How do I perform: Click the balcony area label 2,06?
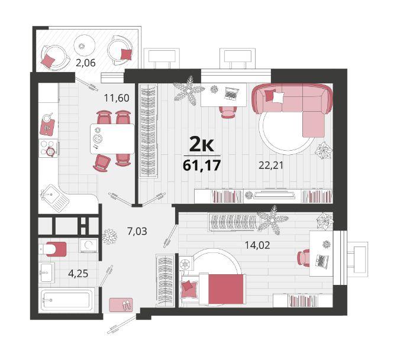(x=86, y=63)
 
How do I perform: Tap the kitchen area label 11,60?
(x=117, y=98)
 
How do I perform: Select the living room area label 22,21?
(x=270, y=166)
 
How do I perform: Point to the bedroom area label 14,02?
(x=257, y=245)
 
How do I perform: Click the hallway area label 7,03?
(x=137, y=231)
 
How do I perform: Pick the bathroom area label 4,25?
(x=78, y=274)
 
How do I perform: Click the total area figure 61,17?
(x=202, y=166)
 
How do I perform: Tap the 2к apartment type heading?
(x=202, y=145)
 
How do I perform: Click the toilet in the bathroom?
(x=53, y=249)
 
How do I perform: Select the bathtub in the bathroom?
(x=67, y=300)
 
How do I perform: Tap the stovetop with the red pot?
(x=49, y=148)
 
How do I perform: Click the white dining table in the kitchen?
(x=112, y=139)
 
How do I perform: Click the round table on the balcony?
(x=85, y=46)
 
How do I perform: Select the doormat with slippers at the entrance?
(x=121, y=304)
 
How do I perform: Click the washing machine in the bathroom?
(x=88, y=246)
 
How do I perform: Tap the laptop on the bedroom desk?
(x=322, y=261)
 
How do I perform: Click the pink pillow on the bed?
(x=188, y=286)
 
